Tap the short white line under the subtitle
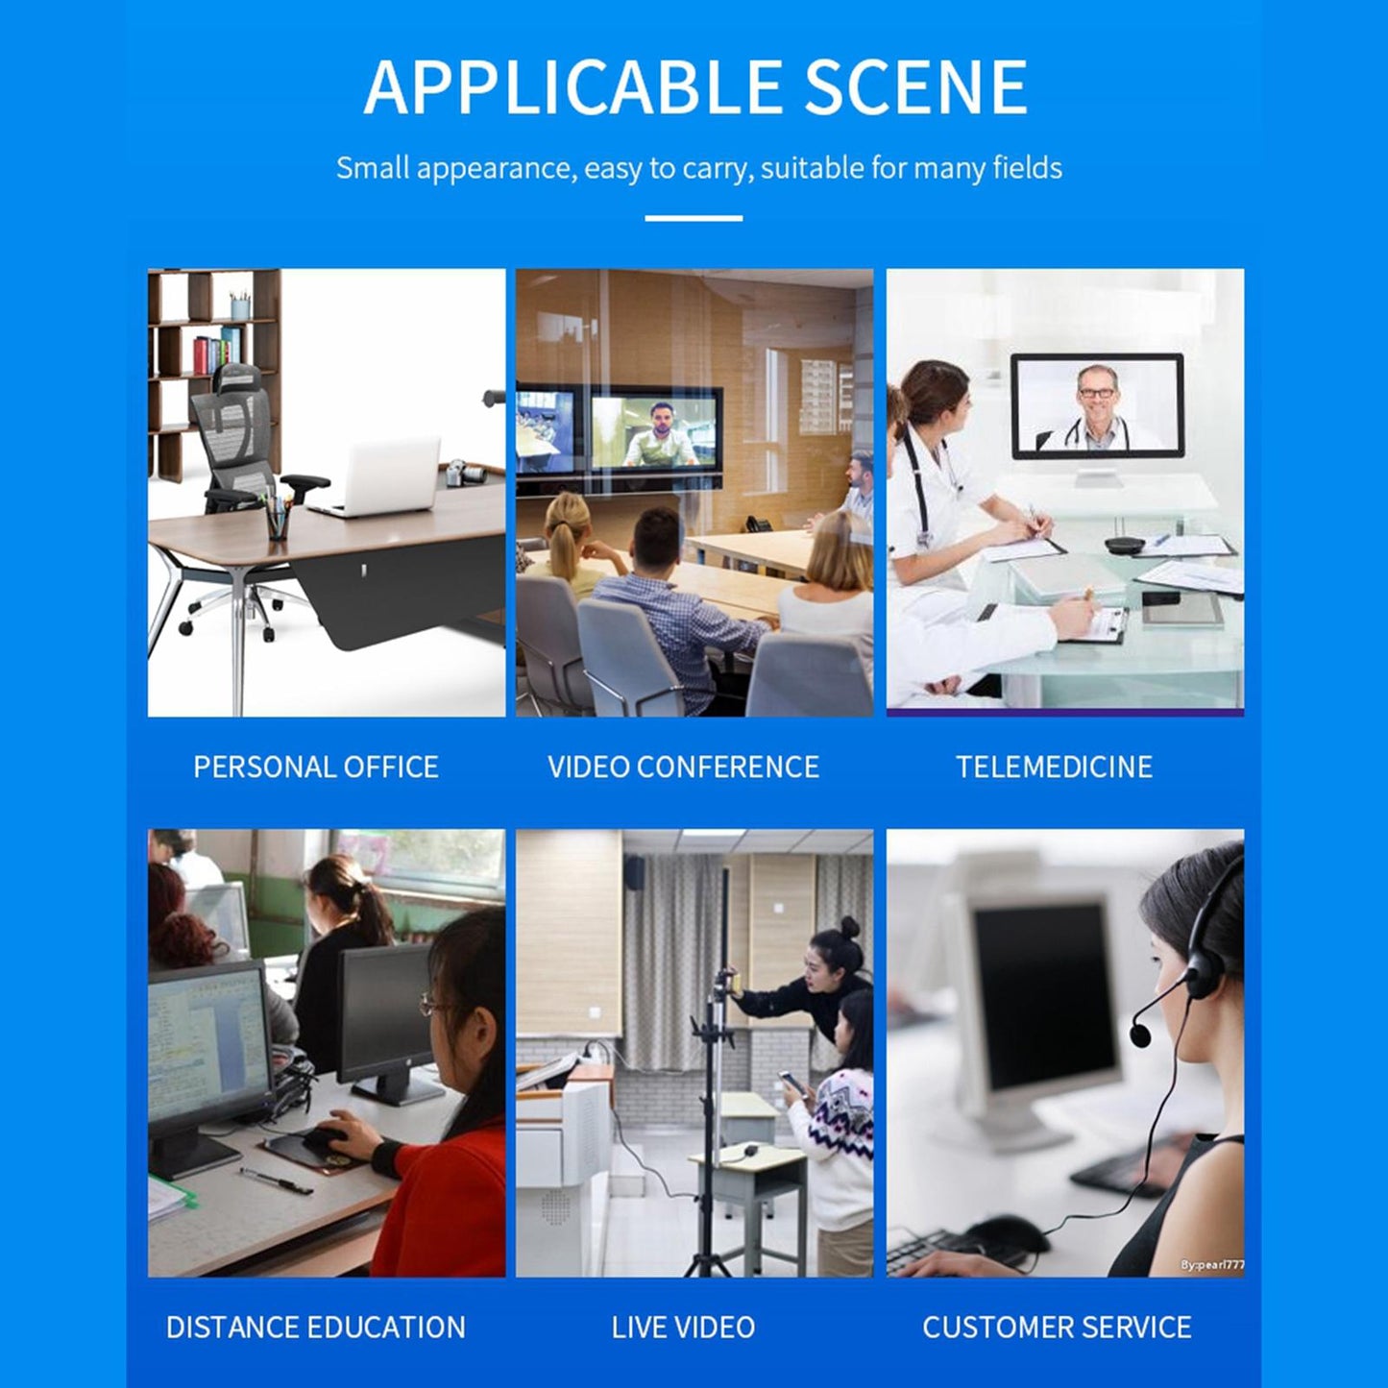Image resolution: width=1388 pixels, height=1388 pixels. point(694,218)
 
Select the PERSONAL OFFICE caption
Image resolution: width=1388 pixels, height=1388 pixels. point(316,767)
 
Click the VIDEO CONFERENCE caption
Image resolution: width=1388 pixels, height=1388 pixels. point(684,767)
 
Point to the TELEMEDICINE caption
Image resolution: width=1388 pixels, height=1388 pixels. point(1055,767)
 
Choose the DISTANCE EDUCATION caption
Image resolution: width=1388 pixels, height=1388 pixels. point(316,1327)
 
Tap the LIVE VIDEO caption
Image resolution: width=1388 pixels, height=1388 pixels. point(684,1327)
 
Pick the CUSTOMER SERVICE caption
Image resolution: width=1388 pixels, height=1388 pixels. point(1058,1327)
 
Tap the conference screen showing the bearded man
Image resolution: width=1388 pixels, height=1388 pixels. point(656,430)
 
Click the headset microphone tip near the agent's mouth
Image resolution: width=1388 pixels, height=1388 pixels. point(1140,1035)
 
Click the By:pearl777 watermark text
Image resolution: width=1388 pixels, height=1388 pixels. point(1212,1265)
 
